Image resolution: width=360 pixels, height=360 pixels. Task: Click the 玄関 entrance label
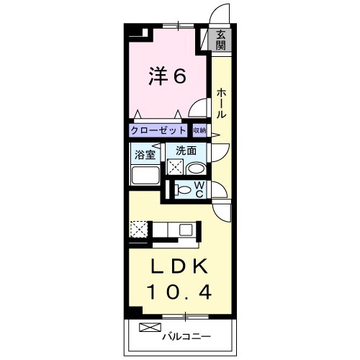coord(220,39)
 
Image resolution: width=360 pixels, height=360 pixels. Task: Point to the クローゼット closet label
coord(158,131)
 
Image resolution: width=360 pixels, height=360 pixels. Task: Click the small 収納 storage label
coord(199,131)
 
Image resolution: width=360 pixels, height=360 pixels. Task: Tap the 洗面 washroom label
coord(186,152)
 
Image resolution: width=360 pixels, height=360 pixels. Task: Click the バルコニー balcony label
coord(186,336)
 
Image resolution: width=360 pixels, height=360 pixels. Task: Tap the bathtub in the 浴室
coord(145,176)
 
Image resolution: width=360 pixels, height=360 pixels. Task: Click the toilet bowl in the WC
coord(184,191)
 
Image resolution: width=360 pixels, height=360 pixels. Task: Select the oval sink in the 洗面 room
coord(195,168)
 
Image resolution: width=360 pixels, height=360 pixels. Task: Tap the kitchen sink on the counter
coord(186,230)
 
